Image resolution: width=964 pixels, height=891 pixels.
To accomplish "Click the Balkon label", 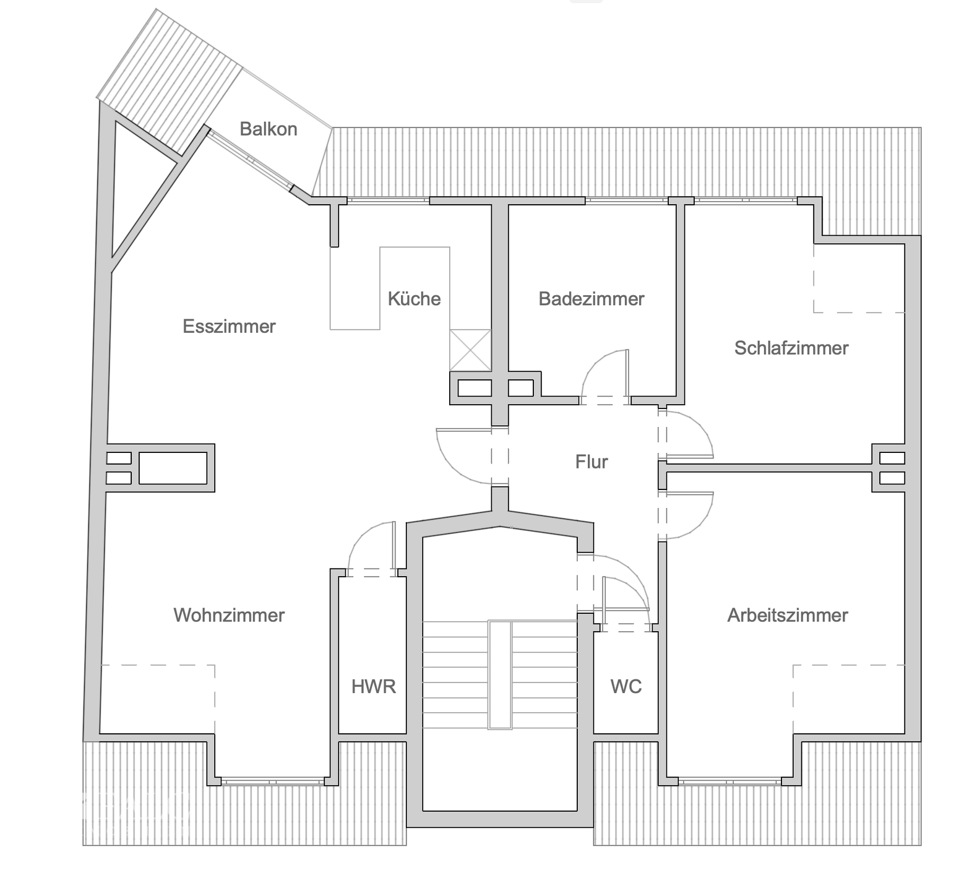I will [x=269, y=129].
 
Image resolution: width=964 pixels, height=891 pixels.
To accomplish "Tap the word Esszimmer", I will [x=229, y=326].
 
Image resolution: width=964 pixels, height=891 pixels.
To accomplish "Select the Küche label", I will [x=414, y=299].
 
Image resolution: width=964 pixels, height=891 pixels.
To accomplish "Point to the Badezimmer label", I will [x=592, y=299].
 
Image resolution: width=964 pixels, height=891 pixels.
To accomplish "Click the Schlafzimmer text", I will [x=791, y=348].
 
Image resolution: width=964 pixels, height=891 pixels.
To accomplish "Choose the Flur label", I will [x=592, y=462].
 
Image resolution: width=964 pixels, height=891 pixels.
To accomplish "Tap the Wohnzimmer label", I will [x=229, y=615].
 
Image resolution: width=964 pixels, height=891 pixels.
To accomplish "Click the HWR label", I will [x=373, y=686].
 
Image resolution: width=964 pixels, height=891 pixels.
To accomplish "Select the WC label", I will [x=626, y=686].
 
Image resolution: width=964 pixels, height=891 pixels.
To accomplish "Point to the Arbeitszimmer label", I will [x=787, y=615].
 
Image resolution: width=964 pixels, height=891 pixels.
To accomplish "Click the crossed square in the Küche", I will [x=470, y=350].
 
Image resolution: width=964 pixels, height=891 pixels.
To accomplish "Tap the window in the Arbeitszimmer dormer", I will [x=729, y=781].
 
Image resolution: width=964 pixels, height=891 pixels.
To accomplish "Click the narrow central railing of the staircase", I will [x=500, y=675].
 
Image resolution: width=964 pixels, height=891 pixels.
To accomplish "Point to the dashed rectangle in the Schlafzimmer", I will [x=859, y=278].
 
